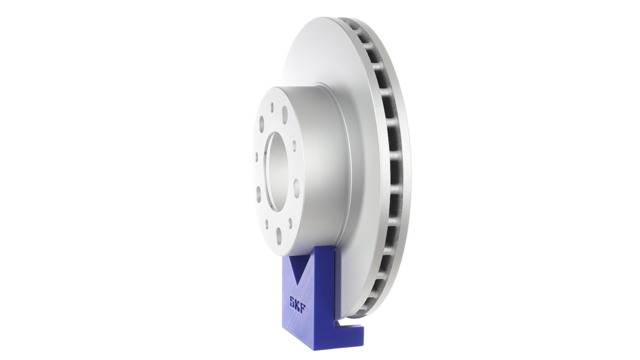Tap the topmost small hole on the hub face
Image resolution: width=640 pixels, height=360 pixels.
[272, 106]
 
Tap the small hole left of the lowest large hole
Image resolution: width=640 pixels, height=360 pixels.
[270, 221]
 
